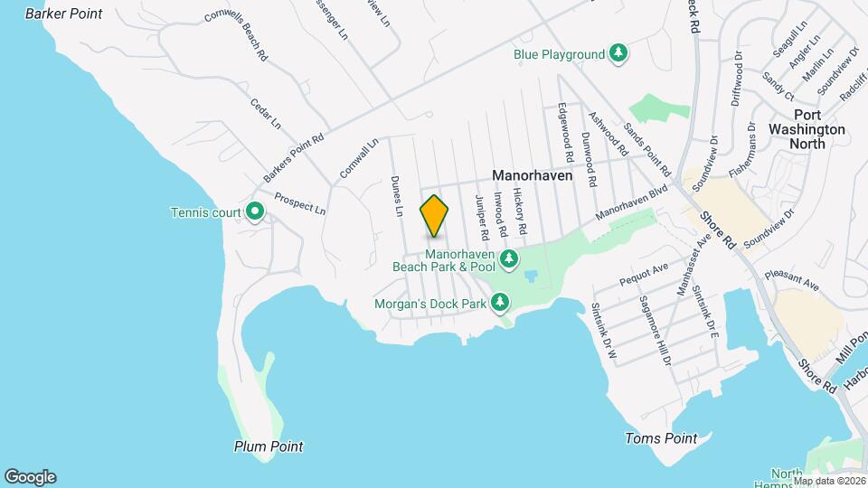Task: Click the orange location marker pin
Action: (x=434, y=215)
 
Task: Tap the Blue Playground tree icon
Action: (x=618, y=53)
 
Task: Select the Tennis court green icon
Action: (x=255, y=212)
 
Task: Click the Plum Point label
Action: (x=268, y=446)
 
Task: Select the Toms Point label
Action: (x=661, y=438)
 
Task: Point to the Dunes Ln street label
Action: (x=396, y=195)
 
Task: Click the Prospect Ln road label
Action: (x=299, y=203)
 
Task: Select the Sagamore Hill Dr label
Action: (x=655, y=329)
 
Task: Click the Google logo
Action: (x=30, y=476)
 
